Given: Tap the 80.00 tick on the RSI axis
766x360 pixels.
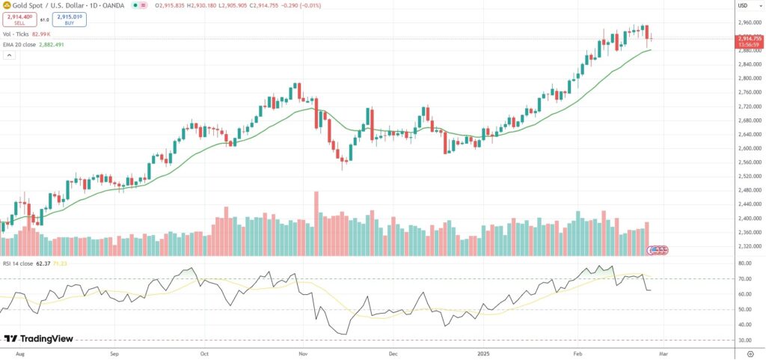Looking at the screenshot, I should point(745,263).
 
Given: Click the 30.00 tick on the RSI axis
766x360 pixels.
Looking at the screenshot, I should point(745,340).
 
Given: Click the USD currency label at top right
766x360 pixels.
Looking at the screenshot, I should point(743,5).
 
